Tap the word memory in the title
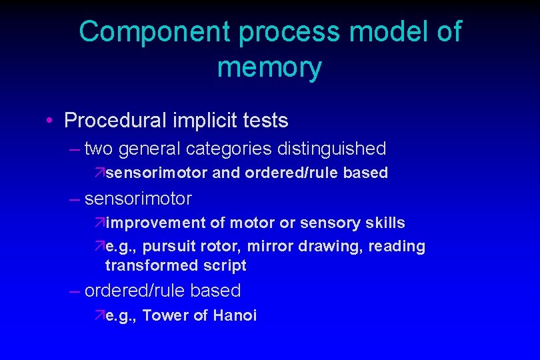point(269,67)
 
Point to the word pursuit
point(167,246)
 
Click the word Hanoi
point(235,315)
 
